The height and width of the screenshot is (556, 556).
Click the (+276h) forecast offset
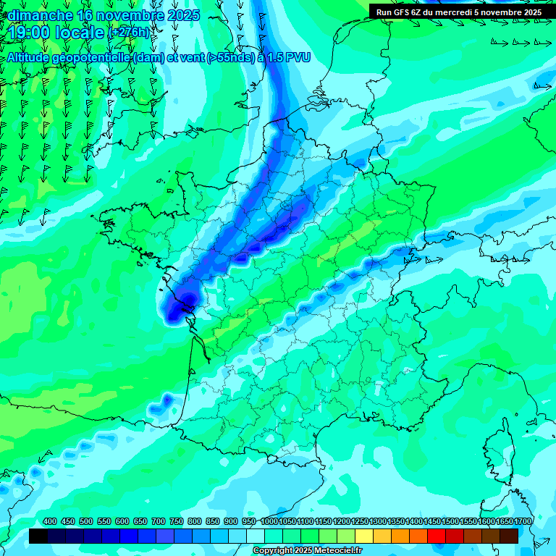129,33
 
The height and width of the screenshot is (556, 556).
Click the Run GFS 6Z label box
458,12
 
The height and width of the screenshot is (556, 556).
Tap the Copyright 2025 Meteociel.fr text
308,550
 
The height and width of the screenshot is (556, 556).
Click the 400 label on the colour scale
50,522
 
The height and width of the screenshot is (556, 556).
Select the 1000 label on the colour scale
269,522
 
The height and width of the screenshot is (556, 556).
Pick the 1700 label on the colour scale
505,522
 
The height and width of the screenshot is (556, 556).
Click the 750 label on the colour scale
177,522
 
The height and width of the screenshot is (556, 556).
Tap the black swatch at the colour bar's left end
38,536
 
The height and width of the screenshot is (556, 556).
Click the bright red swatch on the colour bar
437,536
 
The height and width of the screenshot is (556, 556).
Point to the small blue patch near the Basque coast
165,402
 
